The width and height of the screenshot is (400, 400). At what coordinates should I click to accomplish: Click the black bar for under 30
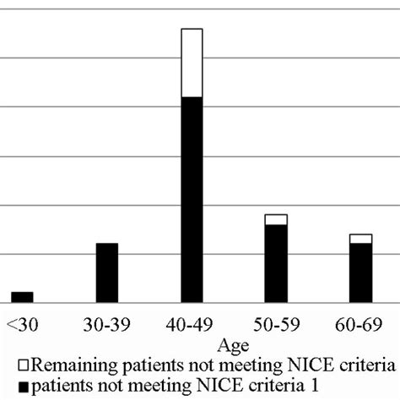[22, 297]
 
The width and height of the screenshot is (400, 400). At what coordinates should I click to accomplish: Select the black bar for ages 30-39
[106, 273]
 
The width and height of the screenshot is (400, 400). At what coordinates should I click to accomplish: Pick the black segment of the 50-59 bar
[276, 263]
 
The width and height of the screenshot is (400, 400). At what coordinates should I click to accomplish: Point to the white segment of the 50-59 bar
[276, 219]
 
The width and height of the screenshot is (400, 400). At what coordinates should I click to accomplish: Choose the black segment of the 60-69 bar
[360, 273]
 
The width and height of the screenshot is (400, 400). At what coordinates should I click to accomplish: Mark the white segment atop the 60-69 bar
[360, 239]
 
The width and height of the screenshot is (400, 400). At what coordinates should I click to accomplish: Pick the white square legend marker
[22, 367]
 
